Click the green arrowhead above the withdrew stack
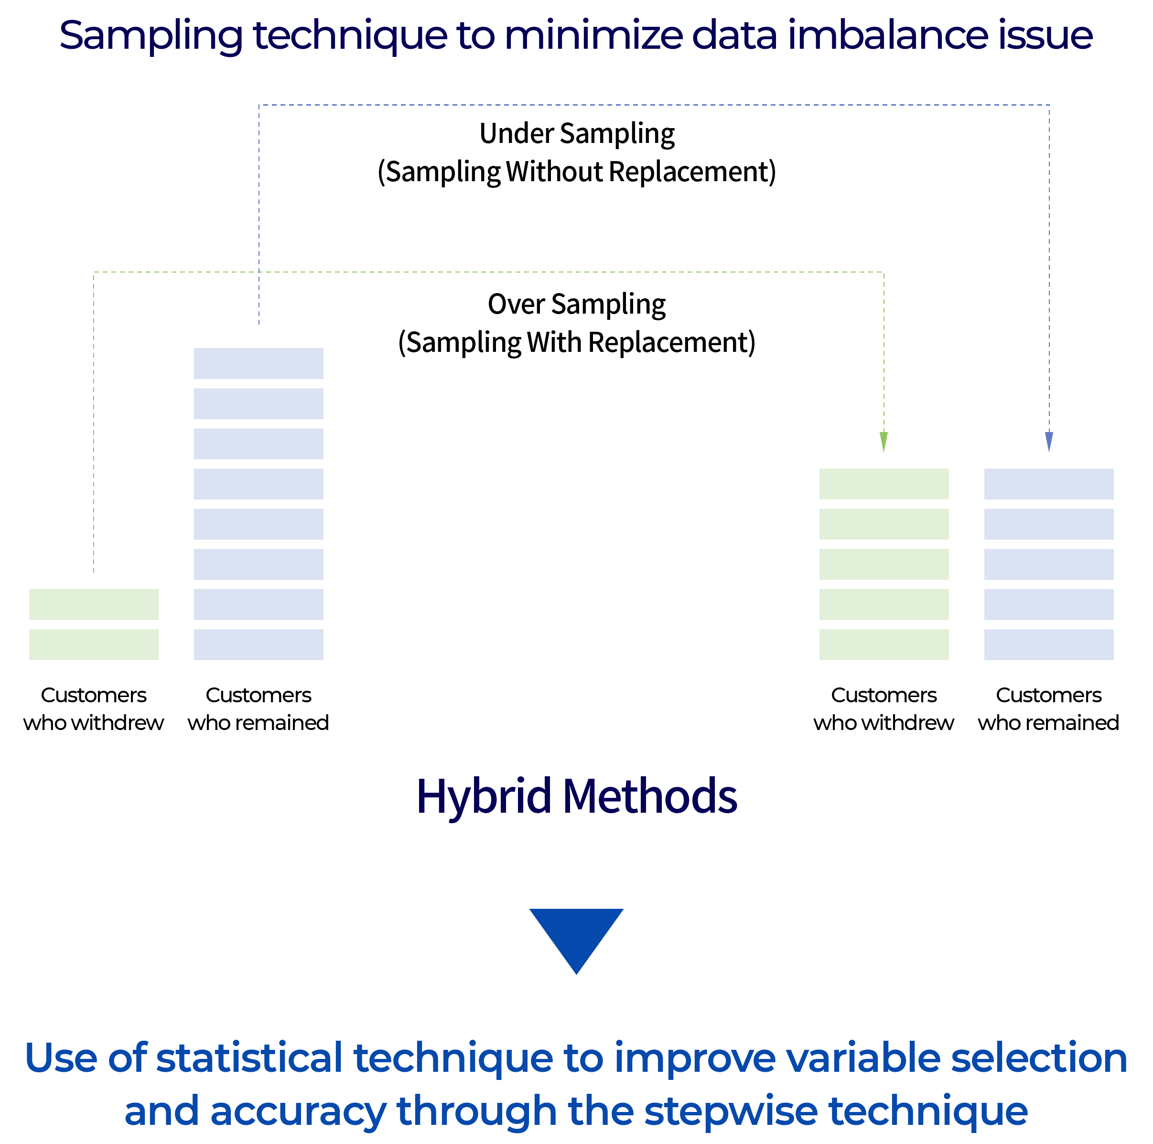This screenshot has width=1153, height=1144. point(884,442)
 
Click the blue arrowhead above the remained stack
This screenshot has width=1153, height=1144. point(1049,442)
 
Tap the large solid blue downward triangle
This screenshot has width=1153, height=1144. point(576,942)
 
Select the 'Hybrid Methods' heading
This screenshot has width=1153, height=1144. point(576,796)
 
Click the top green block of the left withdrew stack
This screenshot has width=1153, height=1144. point(94,604)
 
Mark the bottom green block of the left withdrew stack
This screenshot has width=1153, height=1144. point(94,644)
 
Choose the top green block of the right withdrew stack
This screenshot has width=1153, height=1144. point(884,484)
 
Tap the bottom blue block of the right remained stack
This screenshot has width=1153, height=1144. point(1048,644)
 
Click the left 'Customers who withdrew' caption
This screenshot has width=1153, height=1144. point(94,709)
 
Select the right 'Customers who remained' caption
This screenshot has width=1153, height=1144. point(1048,709)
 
